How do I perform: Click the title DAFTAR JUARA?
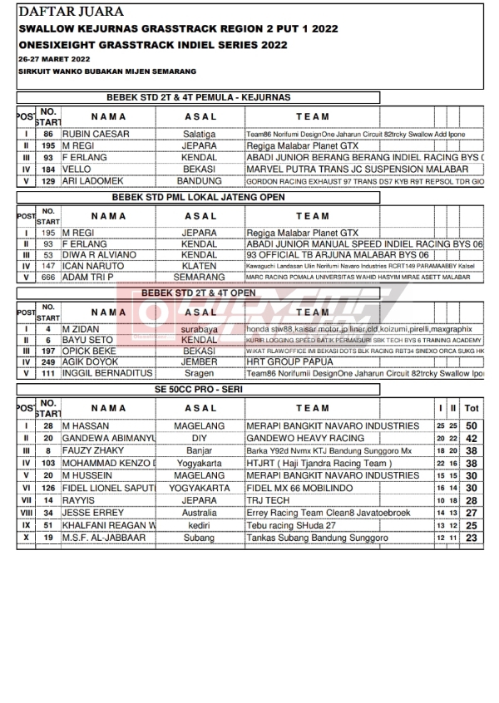pyautogui.click(x=71, y=12)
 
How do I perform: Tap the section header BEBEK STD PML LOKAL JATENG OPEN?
pyautogui.click(x=198, y=197)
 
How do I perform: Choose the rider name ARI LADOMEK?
pyautogui.click(x=92, y=180)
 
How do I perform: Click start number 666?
pyautogui.click(x=48, y=276)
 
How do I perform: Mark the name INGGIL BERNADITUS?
pyautogui.click(x=107, y=374)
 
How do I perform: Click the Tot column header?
pyautogui.click(x=472, y=408)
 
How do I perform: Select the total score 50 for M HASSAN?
pyautogui.click(x=472, y=426)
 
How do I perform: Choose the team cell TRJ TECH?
pyautogui.click(x=268, y=501)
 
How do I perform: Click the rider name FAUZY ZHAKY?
pyautogui.click(x=94, y=450)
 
